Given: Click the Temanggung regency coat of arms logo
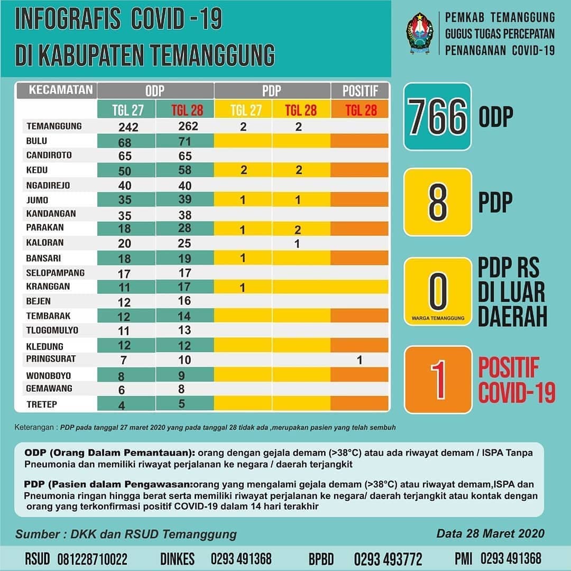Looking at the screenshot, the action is pyautogui.click(x=420, y=33).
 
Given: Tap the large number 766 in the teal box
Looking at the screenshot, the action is pyautogui.click(x=437, y=116).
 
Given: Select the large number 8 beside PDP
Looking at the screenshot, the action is pyautogui.click(x=438, y=202).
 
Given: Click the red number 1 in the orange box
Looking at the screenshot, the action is pyautogui.click(x=438, y=380).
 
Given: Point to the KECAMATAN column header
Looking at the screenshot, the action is pyautogui.click(x=61, y=90).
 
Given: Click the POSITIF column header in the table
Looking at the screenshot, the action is pyautogui.click(x=360, y=91).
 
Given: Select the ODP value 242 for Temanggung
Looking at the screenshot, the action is pyautogui.click(x=128, y=127).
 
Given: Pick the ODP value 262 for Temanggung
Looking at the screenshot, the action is pyautogui.click(x=188, y=126).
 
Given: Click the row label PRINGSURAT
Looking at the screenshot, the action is pyautogui.click(x=51, y=358).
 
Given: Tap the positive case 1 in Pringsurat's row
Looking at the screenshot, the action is pyautogui.click(x=360, y=360).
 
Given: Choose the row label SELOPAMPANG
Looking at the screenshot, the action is pyautogui.click(x=56, y=273).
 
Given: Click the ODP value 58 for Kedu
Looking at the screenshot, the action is pyautogui.click(x=185, y=170).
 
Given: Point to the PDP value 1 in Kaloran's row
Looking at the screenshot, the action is pyautogui.click(x=297, y=244).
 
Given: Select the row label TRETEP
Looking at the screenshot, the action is pyautogui.click(x=42, y=404).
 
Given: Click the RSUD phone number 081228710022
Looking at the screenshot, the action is pyautogui.click(x=93, y=559).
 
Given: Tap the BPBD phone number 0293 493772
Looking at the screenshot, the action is pyautogui.click(x=388, y=559).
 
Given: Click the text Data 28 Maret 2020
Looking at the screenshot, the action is pyautogui.click(x=491, y=533).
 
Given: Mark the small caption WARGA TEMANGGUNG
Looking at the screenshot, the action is pyautogui.click(x=438, y=318).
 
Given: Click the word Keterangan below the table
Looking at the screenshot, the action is pyautogui.click(x=34, y=427).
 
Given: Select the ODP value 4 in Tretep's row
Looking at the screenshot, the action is pyautogui.click(x=122, y=406).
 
